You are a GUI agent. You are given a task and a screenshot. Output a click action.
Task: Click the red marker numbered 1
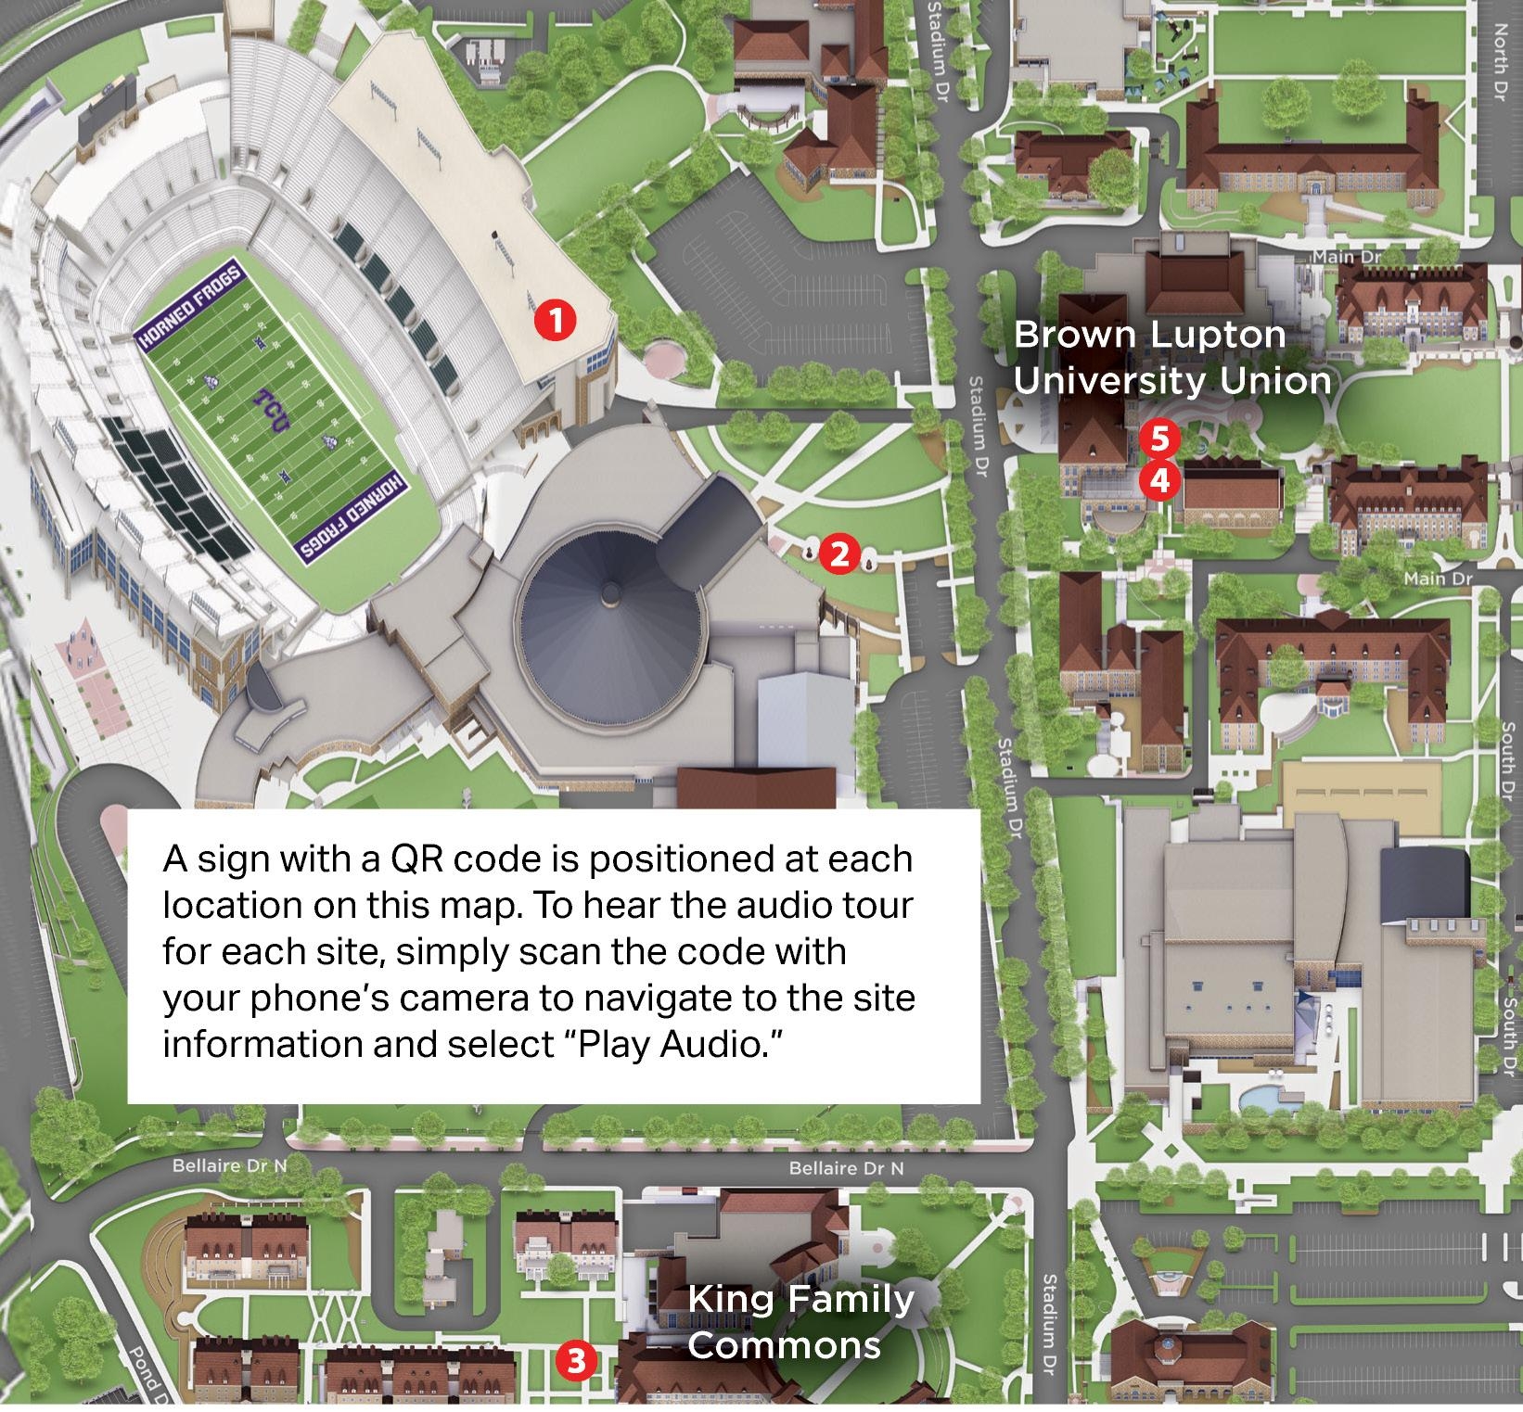[x=555, y=321]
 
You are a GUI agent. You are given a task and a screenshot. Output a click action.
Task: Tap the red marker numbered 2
[x=838, y=554]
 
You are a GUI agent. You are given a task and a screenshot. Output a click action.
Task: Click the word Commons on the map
[x=784, y=1345]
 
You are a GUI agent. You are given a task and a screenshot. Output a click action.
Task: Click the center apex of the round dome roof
[x=609, y=591]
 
